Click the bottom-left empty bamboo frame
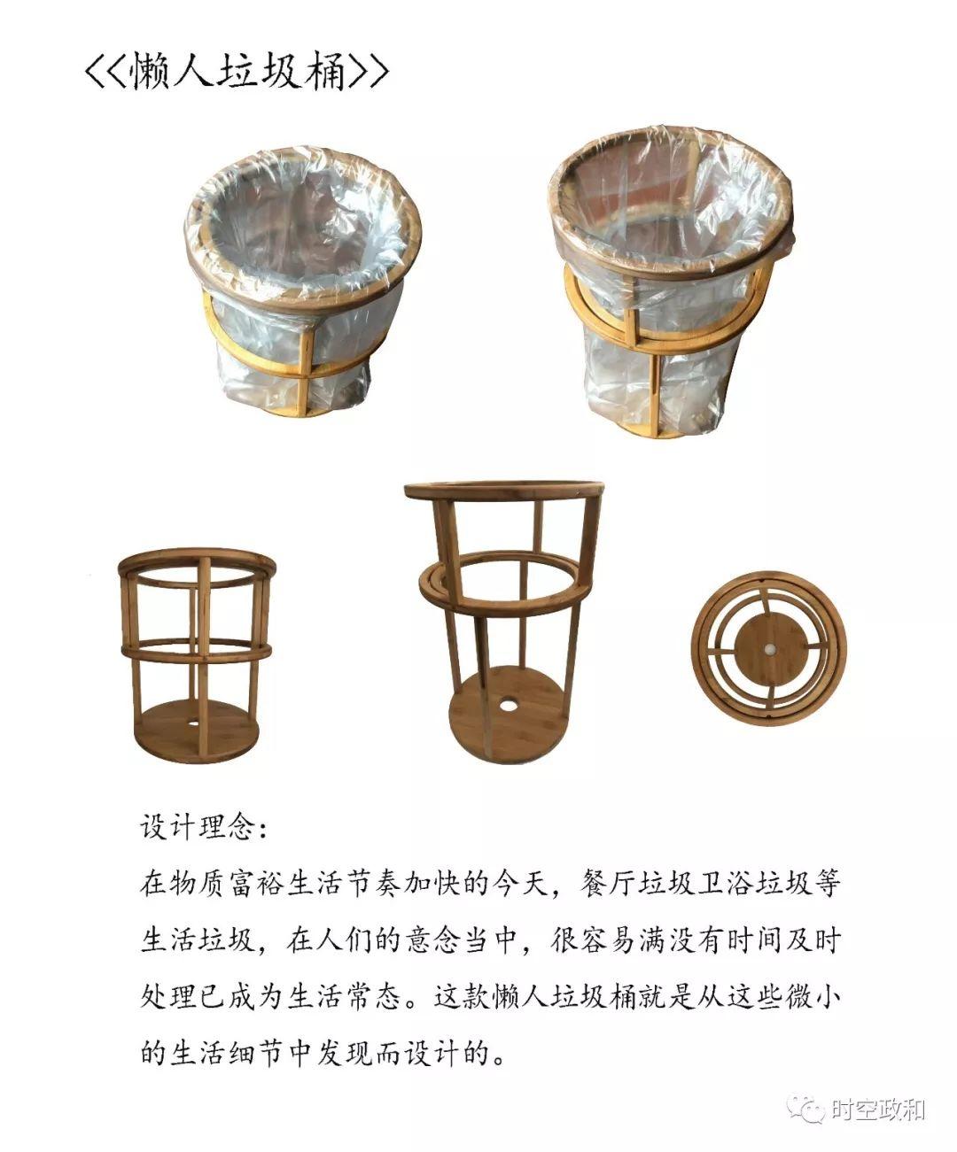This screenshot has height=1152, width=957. [x=197, y=655]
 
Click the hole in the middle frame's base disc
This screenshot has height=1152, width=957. [x=510, y=708]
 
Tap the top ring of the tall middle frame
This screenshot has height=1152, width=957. [x=503, y=491]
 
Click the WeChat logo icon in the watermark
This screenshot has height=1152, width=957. [x=811, y=1108]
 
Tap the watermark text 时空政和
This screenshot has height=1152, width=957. [x=877, y=1109]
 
